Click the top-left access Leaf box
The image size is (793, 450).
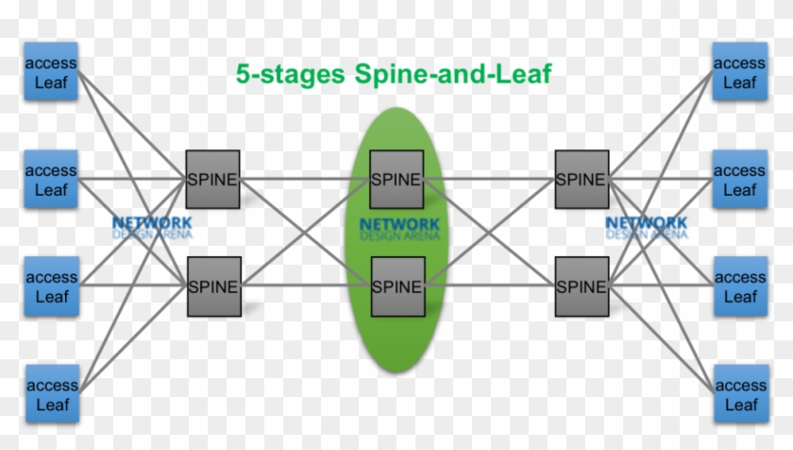tap(51, 72)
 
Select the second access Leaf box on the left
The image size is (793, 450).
tap(51, 180)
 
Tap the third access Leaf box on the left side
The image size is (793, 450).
tap(51, 286)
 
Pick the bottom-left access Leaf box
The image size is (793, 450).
tap(51, 393)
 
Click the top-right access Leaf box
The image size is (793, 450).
tap(740, 72)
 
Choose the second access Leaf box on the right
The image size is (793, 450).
tap(740, 180)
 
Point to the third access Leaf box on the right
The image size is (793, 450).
tap(740, 286)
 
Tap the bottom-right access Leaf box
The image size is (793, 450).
tap(740, 393)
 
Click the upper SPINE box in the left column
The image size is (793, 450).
tap(212, 179)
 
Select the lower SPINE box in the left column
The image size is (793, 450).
tap(212, 286)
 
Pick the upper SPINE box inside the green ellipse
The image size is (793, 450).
tap(396, 179)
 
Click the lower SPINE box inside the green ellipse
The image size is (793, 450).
tap(396, 286)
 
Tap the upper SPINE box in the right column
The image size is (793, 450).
tap(580, 179)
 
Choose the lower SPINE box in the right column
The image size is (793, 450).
tap(580, 286)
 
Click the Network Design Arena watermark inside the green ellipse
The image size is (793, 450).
tap(398, 230)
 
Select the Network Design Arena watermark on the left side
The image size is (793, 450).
tap(151, 228)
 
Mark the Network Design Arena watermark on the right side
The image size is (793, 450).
tap(646, 228)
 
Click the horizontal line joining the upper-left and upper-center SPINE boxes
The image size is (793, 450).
tap(304, 178)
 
